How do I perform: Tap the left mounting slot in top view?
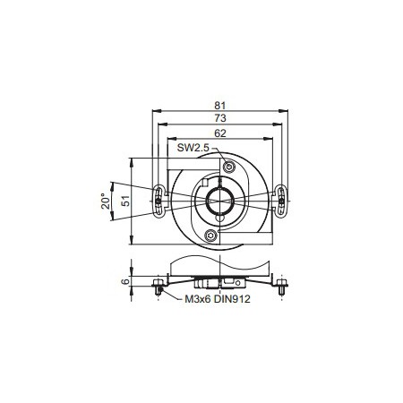(x=159, y=201)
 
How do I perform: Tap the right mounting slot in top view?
(x=281, y=201)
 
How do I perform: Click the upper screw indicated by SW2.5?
(x=230, y=167)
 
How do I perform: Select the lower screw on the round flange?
(x=210, y=236)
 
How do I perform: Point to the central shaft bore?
(x=220, y=201)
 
